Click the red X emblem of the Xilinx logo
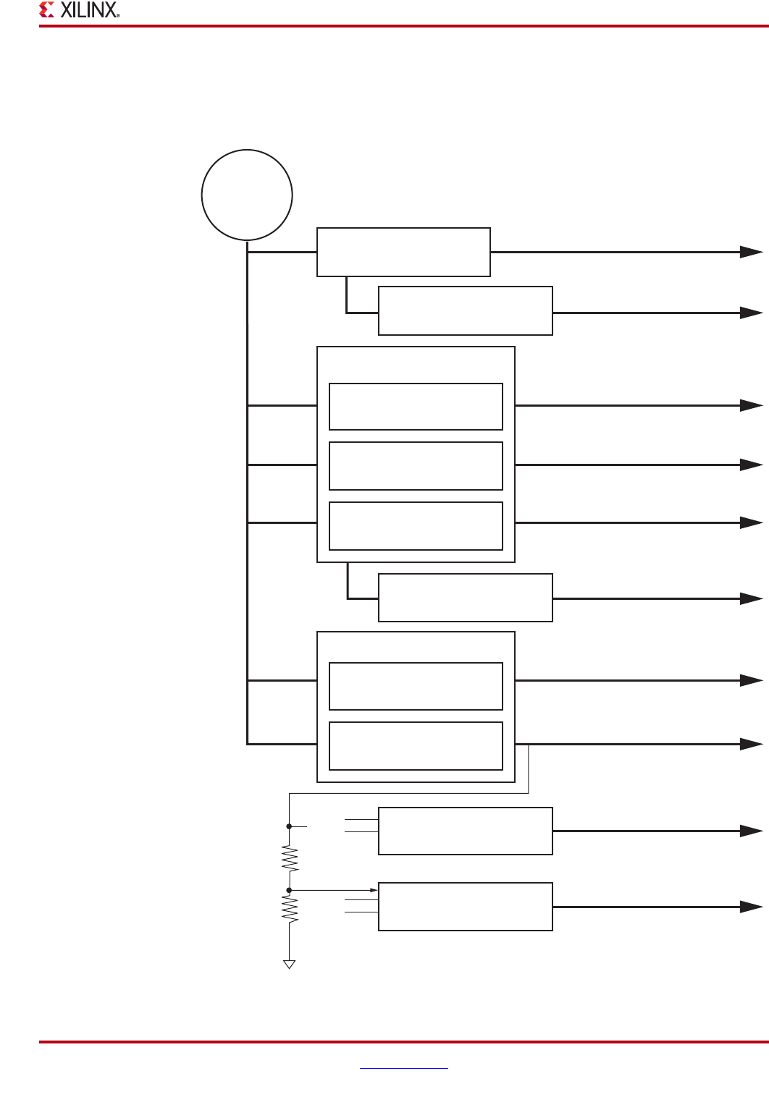[x=47, y=10]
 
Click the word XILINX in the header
[x=88, y=10]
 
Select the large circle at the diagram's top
[x=247, y=195]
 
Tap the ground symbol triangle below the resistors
[x=290, y=964]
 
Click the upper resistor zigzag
[x=290, y=859]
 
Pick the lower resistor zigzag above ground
[x=290, y=909]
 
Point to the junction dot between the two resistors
[x=290, y=890]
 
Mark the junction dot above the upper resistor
[x=290, y=826]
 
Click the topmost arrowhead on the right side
[x=751, y=252]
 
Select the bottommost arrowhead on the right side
[x=751, y=907]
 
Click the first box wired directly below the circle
[x=403, y=252]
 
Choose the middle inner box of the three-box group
[x=416, y=466]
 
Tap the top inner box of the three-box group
[x=416, y=407]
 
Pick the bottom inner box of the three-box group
[x=416, y=526]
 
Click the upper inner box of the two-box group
[x=416, y=686]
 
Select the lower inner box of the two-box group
[x=416, y=746]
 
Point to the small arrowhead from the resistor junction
[x=374, y=890]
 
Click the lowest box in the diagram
[x=466, y=907]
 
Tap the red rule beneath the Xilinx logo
[x=403, y=26]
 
